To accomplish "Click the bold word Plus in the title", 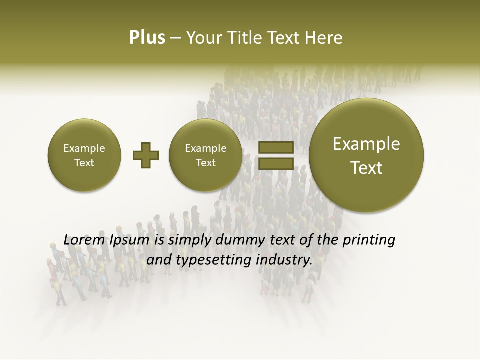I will tap(147, 38).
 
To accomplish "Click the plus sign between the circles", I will tap(146, 155).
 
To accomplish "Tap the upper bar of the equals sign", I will tap(275, 148).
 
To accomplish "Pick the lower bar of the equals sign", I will tap(275, 164).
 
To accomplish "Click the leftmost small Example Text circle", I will tap(84, 155).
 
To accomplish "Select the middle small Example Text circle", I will tap(205, 155).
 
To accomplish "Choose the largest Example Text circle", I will tap(366, 156).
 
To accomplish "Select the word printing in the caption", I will tap(369, 240).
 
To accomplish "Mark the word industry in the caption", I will tap(283, 260).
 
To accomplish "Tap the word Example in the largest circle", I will tap(366, 144).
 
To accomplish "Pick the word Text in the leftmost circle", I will tap(84, 163).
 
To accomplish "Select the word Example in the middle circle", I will tap(205, 148).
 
